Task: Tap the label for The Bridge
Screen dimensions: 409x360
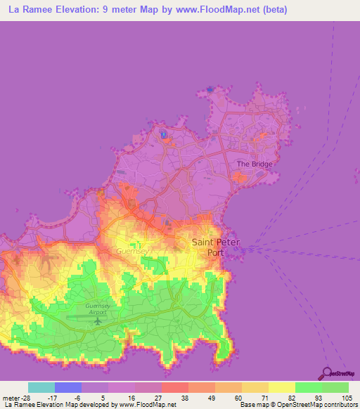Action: (254, 164)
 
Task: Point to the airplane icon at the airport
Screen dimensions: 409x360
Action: (96, 321)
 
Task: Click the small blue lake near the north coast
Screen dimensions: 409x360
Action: (162, 134)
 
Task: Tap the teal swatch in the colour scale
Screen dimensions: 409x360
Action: (41, 387)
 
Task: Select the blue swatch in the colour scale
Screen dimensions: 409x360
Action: (68, 387)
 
